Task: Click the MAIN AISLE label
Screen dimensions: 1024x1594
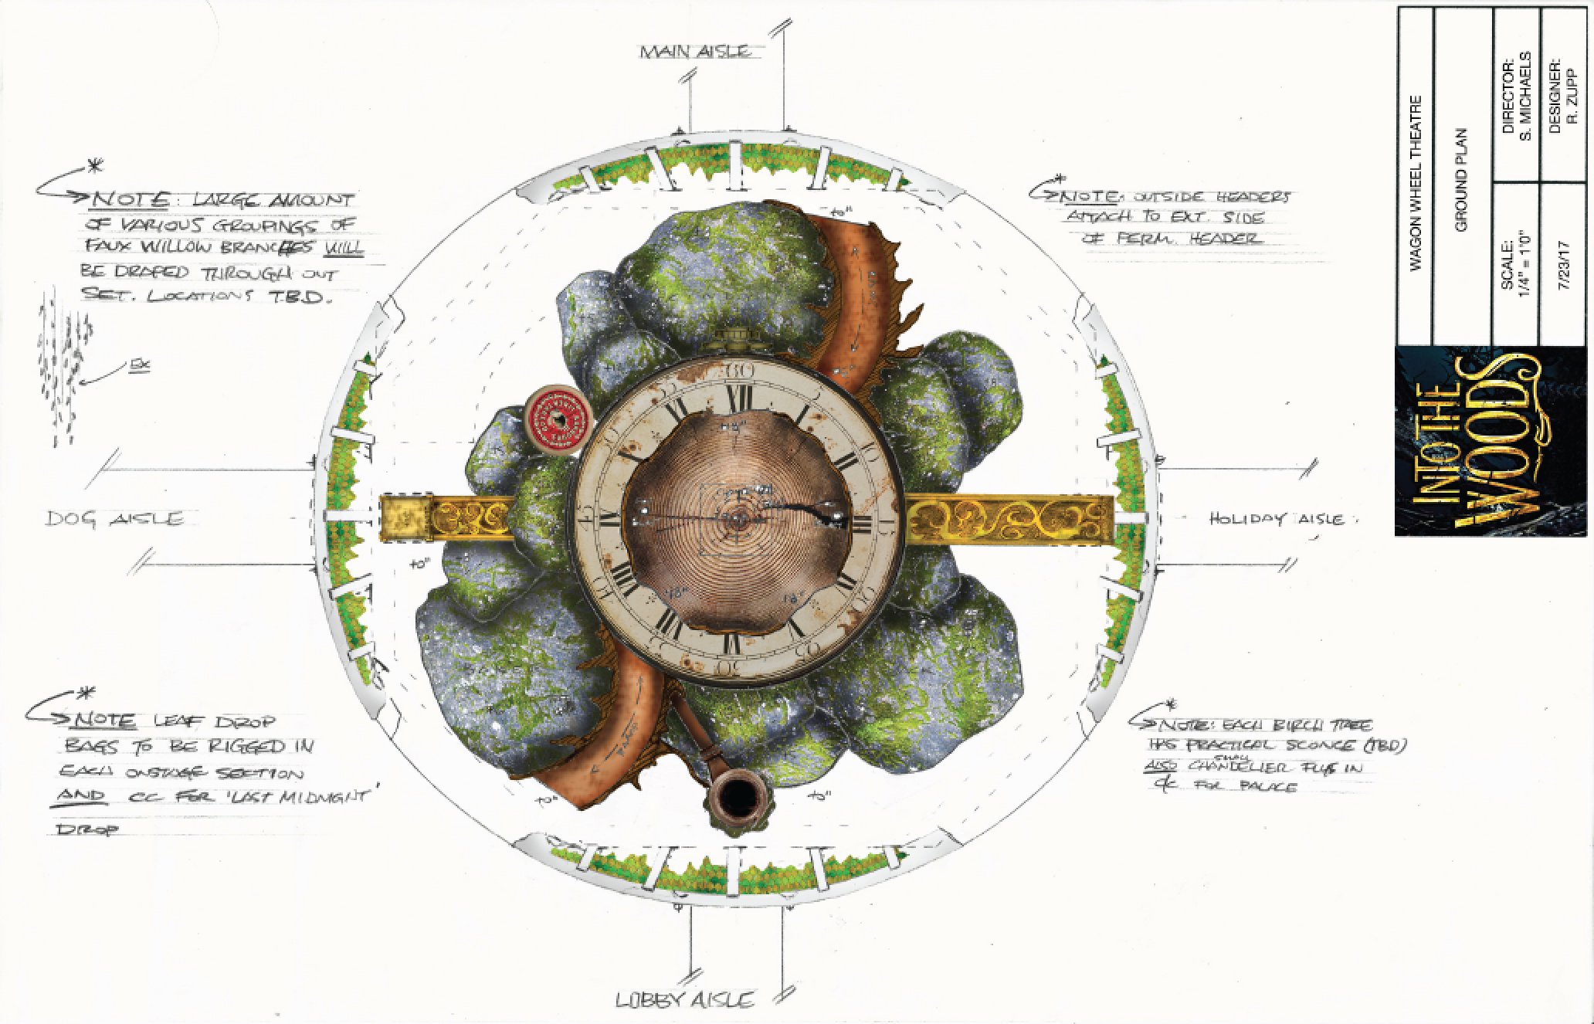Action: [x=694, y=52]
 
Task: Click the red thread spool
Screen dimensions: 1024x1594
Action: [x=555, y=419]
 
